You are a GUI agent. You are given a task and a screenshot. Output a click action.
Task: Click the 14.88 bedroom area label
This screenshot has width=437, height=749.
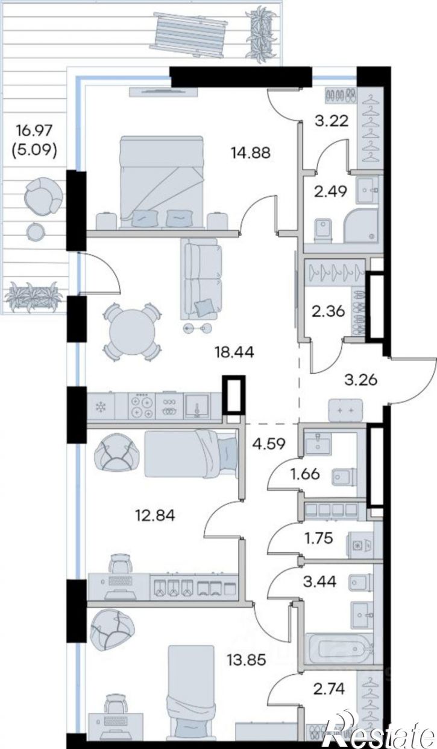[x=250, y=153]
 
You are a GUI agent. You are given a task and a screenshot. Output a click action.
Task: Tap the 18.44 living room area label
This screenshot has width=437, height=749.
[x=234, y=352]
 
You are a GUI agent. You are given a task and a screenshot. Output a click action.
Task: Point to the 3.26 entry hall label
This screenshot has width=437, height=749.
[x=361, y=380]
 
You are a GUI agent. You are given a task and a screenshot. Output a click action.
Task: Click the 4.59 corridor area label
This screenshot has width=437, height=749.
[x=269, y=444]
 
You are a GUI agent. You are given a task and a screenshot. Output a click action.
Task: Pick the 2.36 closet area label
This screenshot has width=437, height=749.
[x=328, y=311]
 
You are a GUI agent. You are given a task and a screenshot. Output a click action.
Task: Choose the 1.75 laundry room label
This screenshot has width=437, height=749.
[x=318, y=538]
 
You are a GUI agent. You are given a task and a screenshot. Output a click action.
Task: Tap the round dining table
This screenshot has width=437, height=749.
[x=133, y=332]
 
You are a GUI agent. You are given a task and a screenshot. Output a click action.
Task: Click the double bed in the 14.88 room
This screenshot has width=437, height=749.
[x=162, y=182]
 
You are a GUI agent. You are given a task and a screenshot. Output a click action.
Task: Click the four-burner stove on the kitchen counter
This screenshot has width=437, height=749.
[x=142, y=406]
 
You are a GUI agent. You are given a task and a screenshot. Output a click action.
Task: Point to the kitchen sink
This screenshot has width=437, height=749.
[x=197, y=406]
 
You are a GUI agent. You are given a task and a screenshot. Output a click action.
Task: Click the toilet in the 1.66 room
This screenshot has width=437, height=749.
[x=344, y=477]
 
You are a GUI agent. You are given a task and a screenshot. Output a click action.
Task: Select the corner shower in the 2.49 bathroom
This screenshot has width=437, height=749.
[x=361, y=226]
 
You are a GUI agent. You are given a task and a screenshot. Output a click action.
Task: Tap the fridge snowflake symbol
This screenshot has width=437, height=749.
[x=101, y=407]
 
